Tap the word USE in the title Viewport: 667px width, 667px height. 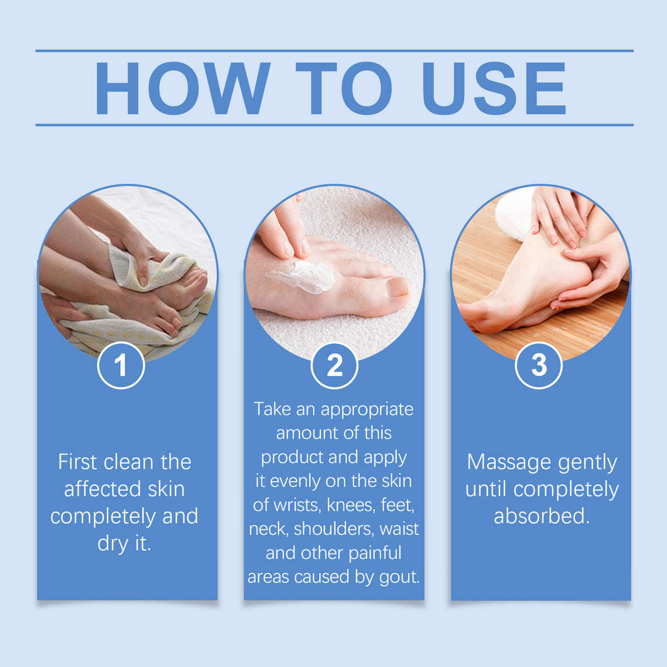point(493,88)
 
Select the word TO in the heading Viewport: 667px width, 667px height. point(344,88)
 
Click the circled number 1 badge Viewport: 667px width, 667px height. point(121,365)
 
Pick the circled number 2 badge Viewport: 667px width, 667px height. point(334,365)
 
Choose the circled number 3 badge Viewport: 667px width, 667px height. point(538,365)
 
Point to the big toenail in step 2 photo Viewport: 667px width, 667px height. point(397,287)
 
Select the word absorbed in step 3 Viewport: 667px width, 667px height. point(541,516)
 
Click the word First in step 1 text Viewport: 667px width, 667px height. point(77,462)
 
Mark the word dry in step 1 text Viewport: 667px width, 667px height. point(113,543)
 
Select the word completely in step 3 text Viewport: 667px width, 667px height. point(566,489)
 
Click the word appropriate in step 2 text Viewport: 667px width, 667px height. point(366,409)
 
